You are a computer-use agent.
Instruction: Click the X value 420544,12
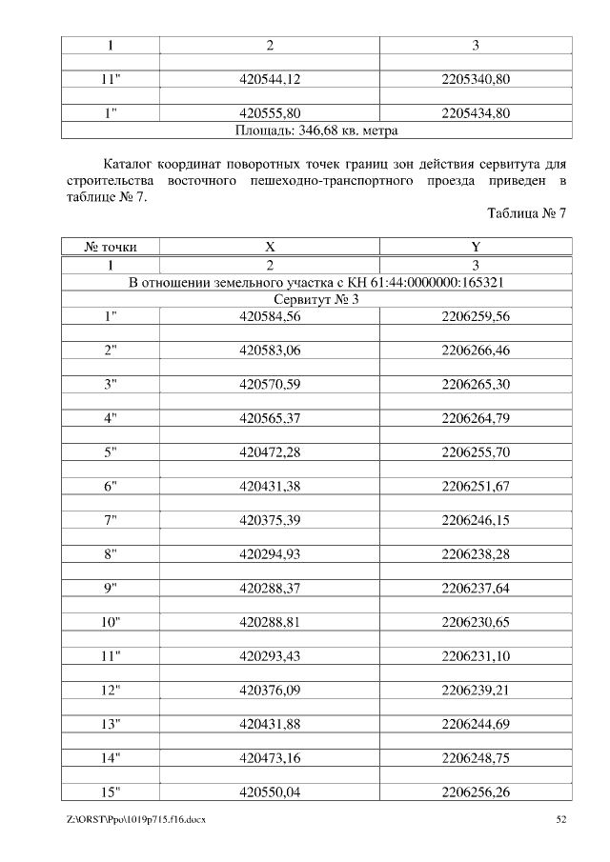270,79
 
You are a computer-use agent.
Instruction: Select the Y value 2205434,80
476,113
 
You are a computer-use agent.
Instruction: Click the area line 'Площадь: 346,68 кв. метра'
315,130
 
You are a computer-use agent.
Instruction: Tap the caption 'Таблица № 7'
527,213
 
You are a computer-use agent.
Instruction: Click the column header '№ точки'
111,247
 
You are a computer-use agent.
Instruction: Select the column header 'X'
270,247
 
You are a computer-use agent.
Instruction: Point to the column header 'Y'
476,247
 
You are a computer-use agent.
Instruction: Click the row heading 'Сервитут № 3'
315,299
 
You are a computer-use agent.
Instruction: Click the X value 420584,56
270,316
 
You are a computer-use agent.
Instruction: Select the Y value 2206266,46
476,351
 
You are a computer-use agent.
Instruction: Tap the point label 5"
111,452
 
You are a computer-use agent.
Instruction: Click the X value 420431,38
270,487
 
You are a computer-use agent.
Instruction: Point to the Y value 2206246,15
476,520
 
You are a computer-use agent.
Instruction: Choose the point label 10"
111,622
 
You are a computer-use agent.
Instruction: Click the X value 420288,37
270,589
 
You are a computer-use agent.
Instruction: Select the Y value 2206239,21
476,691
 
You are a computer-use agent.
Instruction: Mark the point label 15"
111,792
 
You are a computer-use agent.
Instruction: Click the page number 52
561,820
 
